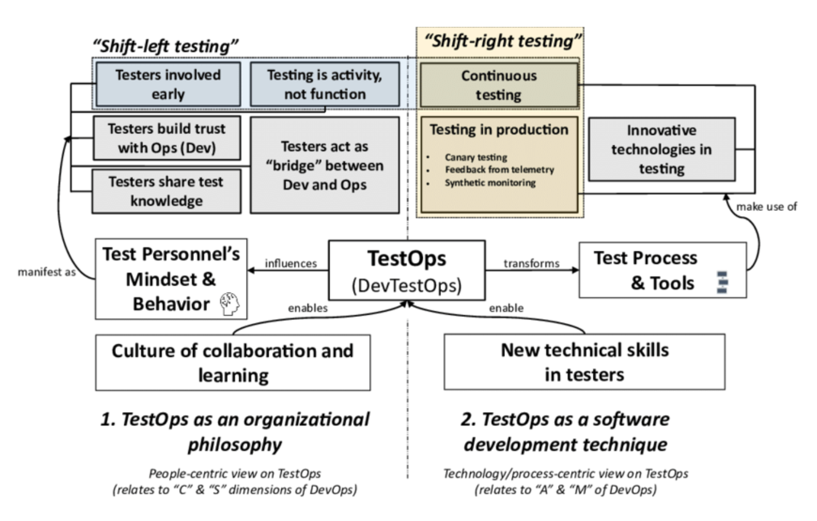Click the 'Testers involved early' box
pyautogui.click(x=168, y=84)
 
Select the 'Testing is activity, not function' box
pyautogui.click(x=325, y=84)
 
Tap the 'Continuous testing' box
pyautogui.click(x=499, y=86)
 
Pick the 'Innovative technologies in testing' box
pyautogui.click(x=661, y=149)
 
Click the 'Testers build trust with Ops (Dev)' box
pyautogui.click(x=167, y=138)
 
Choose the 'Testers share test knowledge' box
pyautogui.click(x=166, y=191)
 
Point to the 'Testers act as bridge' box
pyautogui.click(x=325, y=165)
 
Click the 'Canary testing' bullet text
pyautogui.click(x=476, y=157)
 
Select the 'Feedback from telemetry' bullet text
pyautogui.click(x=499, y=170)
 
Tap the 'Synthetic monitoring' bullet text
pyautogui.click(x=490, y=183)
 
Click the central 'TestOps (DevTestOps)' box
pyautogui.click(x=407, y=270)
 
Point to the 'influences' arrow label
pyautogui.click(x=290, y=263)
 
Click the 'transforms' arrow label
pyautogui.click(x=531, y=263)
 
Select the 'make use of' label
pyautogui.click(x=766, y=207)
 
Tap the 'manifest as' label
pyautogui.click(x=47, y=272)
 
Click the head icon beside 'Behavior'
pyautogui.click(x=230, y=304)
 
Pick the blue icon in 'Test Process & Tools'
pyautogui.click(x=722, y=283)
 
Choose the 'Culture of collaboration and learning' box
pyautogui.click(x=233, y=363)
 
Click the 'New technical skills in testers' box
pyautogui.click(x=584, y=362)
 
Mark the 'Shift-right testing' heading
pyautogui.click(x=503, y=41)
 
